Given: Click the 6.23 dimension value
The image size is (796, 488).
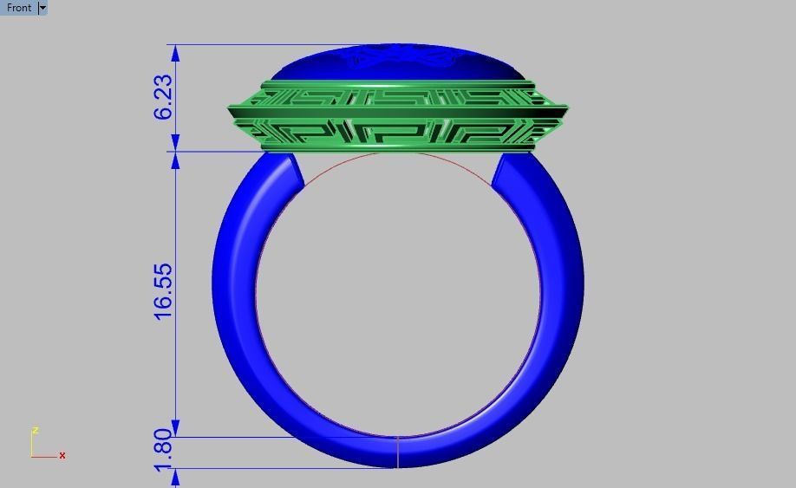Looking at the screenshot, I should coord(163,97).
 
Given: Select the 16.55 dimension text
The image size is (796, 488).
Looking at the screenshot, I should coord(163,291).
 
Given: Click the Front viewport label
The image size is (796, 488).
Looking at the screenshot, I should coord(19,8).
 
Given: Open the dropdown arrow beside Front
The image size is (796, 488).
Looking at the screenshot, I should coord(42,8).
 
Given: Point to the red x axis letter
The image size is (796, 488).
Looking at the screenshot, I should coord(62,456).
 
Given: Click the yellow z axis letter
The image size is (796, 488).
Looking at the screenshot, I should coord(35,431).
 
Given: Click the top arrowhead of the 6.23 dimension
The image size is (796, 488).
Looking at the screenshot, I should coord(176,52).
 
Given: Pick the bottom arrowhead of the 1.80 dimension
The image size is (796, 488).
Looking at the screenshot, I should coord(176,475).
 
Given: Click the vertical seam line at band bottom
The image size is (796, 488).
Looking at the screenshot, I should coord(398,452).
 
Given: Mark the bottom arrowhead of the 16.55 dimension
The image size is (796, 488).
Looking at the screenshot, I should coord(176,429).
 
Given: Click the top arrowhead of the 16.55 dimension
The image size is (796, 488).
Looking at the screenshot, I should coord(176,160).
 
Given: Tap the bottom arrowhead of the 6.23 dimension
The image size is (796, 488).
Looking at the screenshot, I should coord(176,144).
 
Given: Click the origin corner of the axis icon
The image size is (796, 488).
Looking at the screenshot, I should coord(32,456).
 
